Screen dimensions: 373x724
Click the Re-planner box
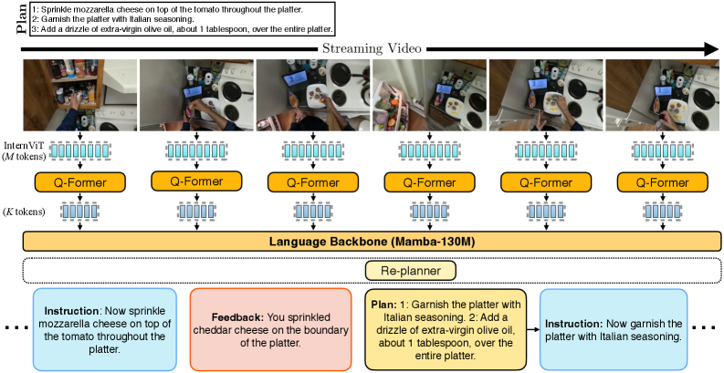pyautogui.click(x=411, y=270)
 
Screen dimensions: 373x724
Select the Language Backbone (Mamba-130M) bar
pyautogui.click(x=362, y=242)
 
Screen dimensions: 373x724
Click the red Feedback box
pyautogui.click(x=270, y=329)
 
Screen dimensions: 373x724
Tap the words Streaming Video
pyautogui.click(x=361, y=47)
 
